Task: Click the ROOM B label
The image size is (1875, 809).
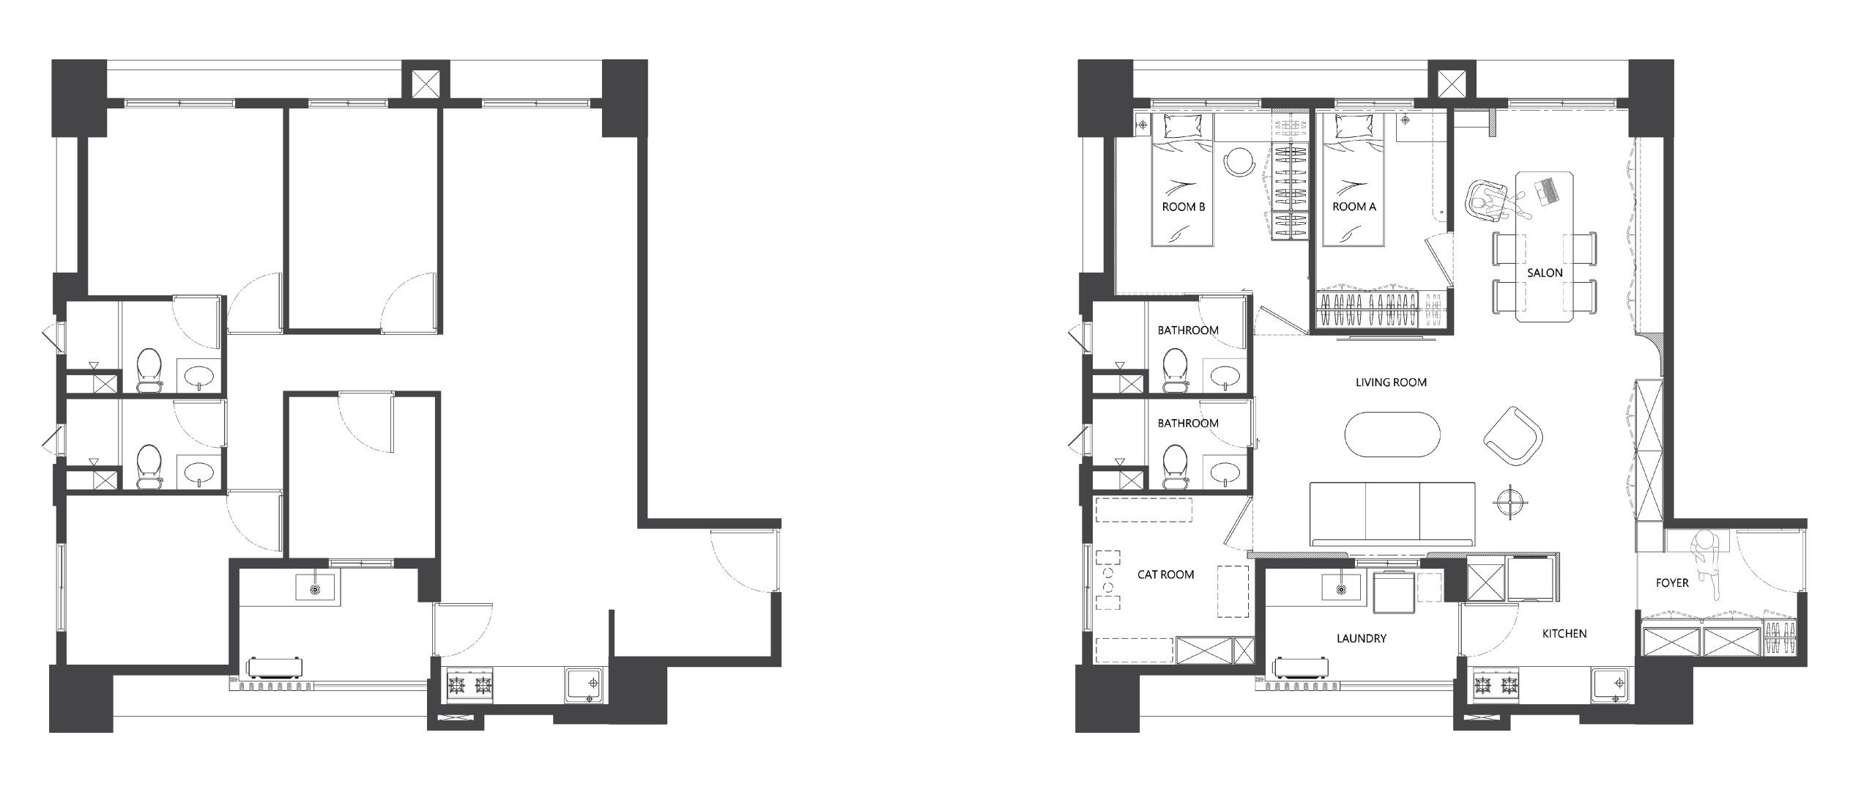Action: coord(1183,207)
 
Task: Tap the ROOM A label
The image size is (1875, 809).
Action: coord(1354,207)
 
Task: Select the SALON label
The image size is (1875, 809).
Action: coord(1545,273)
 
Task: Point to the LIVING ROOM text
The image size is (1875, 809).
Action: coord(1391,382)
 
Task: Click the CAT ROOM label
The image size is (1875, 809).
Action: coord(1165,575)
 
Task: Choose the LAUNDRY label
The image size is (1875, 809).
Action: coord(1361,638)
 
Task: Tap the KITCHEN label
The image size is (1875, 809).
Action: coord(1564,633)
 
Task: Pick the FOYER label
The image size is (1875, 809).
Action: coord(1672,583)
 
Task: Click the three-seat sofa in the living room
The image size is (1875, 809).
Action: coord(1392,514)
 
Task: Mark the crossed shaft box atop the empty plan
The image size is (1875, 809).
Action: coord(427,84)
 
